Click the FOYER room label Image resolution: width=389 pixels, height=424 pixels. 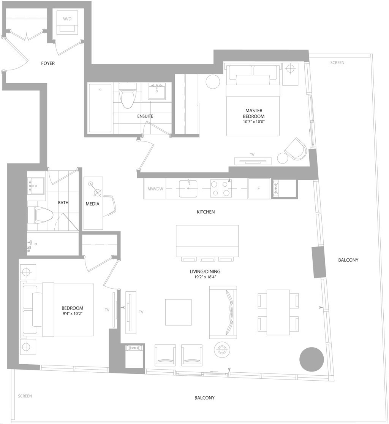tap(48, 63)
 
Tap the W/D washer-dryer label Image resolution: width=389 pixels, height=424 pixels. tap(67, 19)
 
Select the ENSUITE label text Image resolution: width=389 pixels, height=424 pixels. tap(145, 116)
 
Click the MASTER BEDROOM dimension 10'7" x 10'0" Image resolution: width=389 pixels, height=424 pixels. tap(253, 122)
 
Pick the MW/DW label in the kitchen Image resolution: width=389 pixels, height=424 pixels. tap(155, 189)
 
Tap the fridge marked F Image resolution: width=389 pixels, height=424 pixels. tap(259, 189)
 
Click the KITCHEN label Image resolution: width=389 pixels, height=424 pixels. tap(206, 212)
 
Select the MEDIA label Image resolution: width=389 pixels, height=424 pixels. tap(92, 204)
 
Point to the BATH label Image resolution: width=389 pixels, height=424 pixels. tap(63, 203)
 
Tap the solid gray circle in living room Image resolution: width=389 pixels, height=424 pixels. tap(312, 359)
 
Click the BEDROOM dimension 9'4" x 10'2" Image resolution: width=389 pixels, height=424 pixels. tap(72, 313)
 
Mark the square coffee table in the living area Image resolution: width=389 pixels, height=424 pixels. tap(179, 312)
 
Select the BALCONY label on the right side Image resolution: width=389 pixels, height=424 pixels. tap(348, 260)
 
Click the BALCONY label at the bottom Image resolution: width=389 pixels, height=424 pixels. tap(204, 398)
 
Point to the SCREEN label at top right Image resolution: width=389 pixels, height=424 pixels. tap(337, 63)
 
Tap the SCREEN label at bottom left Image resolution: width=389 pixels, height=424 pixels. tap(25, 396)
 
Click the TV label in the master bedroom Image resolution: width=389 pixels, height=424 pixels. tap(252, 155)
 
